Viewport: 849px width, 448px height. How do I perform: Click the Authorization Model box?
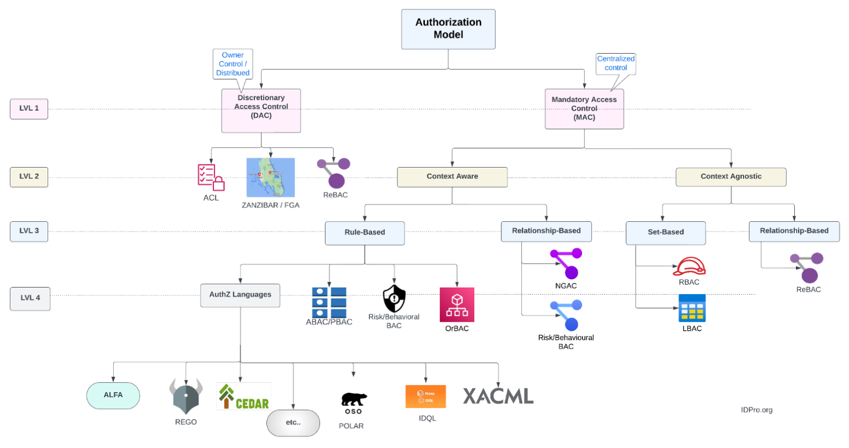coord(448,29)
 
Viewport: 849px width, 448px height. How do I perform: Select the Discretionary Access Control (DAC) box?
coord(261,111)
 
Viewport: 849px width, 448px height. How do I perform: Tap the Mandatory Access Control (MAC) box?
coord(584,109)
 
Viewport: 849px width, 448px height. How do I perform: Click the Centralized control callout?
coord(616,64)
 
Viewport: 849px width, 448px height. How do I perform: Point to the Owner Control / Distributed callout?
coord(233,64)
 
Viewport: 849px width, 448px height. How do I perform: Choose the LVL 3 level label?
coord(29,231)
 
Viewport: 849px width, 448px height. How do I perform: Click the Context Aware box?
coord(452,177)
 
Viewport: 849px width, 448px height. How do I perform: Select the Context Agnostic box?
coord(731,177)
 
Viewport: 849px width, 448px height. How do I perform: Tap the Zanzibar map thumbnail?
coord(270,178)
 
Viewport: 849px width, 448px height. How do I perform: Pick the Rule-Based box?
coord(365,233)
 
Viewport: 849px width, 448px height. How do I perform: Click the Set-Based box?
coord(665,233)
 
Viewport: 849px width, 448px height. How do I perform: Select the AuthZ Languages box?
coord(240,295)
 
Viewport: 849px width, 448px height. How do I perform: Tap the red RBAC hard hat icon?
coord(689,267)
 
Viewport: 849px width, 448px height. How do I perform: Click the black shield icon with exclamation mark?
coord(394,299)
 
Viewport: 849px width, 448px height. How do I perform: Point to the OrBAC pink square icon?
coord(457,305)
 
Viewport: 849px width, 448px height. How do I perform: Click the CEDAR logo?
coord(244,397)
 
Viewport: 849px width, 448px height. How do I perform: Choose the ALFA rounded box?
coord(113,395)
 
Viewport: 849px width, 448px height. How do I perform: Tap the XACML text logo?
coord(498,396)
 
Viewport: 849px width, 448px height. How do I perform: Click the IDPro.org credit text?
coord(757,410)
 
